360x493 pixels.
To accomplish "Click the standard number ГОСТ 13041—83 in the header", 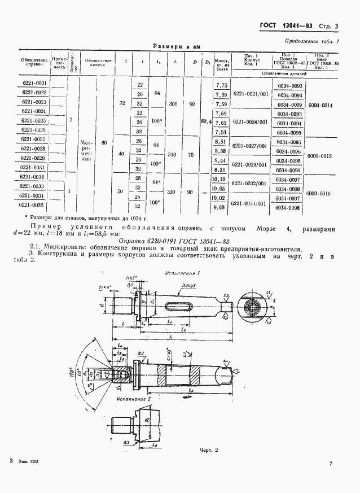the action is pyautogui.click(x=285, y=26).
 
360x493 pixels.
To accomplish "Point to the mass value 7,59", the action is pyautogui.click(x=221, y=104).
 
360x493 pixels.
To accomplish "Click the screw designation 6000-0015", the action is pyautogui.click(x=319, y=155).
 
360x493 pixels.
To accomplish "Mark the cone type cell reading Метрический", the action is pyautogui.click(x=86, y=151).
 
